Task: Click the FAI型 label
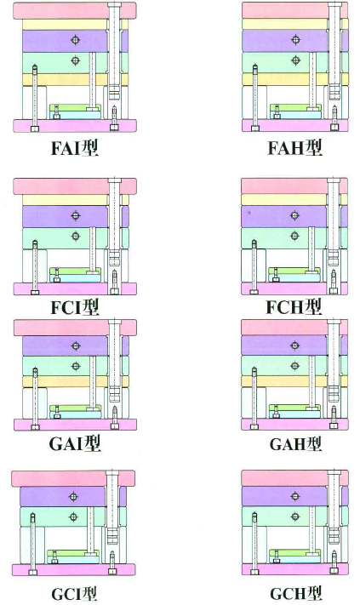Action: (x=75, y=148)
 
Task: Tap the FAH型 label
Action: (x=294, y=148)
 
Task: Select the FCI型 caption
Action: (x=75, y=306)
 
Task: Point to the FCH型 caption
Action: (x=294, y=306)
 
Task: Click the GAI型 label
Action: (x=75, y=443)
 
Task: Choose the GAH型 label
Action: (x=295, y=443)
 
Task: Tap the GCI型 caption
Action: (x=74, y=593)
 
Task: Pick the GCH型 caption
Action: (x=295, y=593)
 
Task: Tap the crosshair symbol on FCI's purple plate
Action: (x=76, y=215)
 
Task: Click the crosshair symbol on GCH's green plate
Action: (x=295, y=517)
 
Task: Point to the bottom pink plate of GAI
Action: (x=75, y=425)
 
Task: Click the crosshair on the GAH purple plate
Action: (x=295, y=345)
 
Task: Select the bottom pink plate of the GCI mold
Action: (x=74, y=569)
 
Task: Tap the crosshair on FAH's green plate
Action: (x=295, y=60)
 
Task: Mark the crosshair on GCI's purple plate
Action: (x=73, y=497)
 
